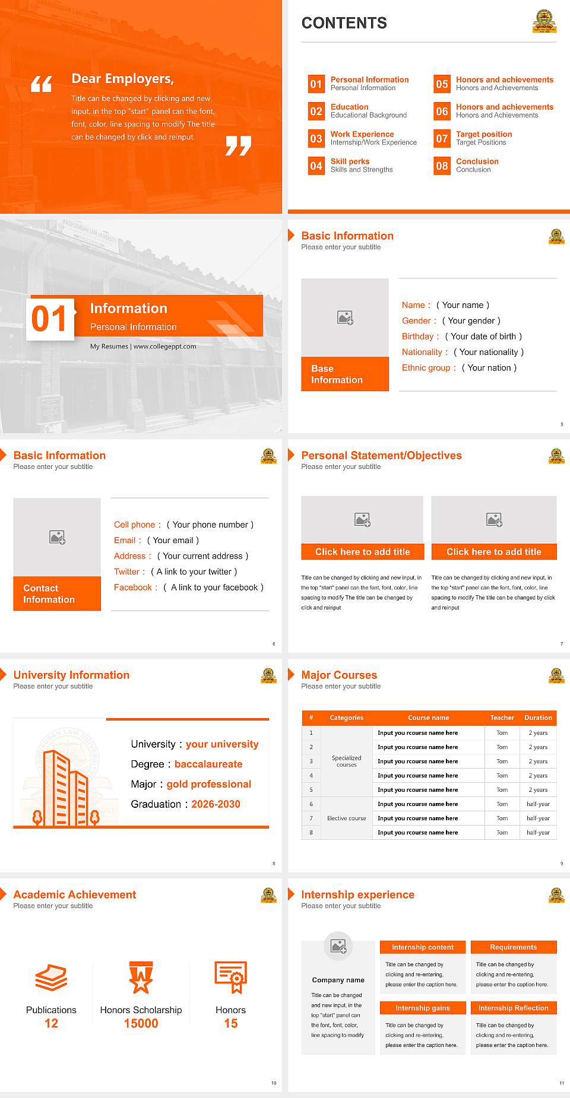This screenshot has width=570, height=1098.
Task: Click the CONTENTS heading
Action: pyautogui.click(x=344, y=23)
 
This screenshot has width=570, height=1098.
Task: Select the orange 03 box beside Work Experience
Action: pyautogui.click(x=316, y=139)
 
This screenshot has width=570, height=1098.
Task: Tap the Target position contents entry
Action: pyautogui.click(x=483, y=134)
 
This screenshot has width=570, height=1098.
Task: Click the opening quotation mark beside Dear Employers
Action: pyautogui.click(x=42, y=84)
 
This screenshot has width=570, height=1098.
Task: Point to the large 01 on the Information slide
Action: pyautogui.click(x=50, y=319)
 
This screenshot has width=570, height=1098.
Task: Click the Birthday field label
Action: pyautogui.click(x=418, y=337)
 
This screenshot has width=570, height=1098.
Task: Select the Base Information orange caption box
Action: pyautogui.click(x=345, y=374)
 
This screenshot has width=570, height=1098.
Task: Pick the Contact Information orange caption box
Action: pyautogui.click(x=57, y=594)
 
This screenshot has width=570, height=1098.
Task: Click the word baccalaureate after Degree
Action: pyautogui.click(x=208, y=764)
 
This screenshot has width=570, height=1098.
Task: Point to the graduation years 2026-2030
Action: pyautogui.click(x=216, y=804)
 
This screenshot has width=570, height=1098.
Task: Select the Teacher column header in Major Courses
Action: pyautogui.click(x=502, y=718)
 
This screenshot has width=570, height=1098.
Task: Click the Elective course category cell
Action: pyautogui.click(x=346, y=818)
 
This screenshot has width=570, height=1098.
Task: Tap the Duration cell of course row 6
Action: pyautogui.click(x=538, y=804)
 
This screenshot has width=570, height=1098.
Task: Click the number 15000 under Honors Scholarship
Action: pyautogui.click(x=141, y=1024)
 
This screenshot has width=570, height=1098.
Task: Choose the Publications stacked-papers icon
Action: pyautogui.click(x=51, y=978)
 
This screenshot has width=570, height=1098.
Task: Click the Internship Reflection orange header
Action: pyautogui.click(x=513, y=1008)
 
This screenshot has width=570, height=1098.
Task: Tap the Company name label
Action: pyautogui.click(x=338, y=980)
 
